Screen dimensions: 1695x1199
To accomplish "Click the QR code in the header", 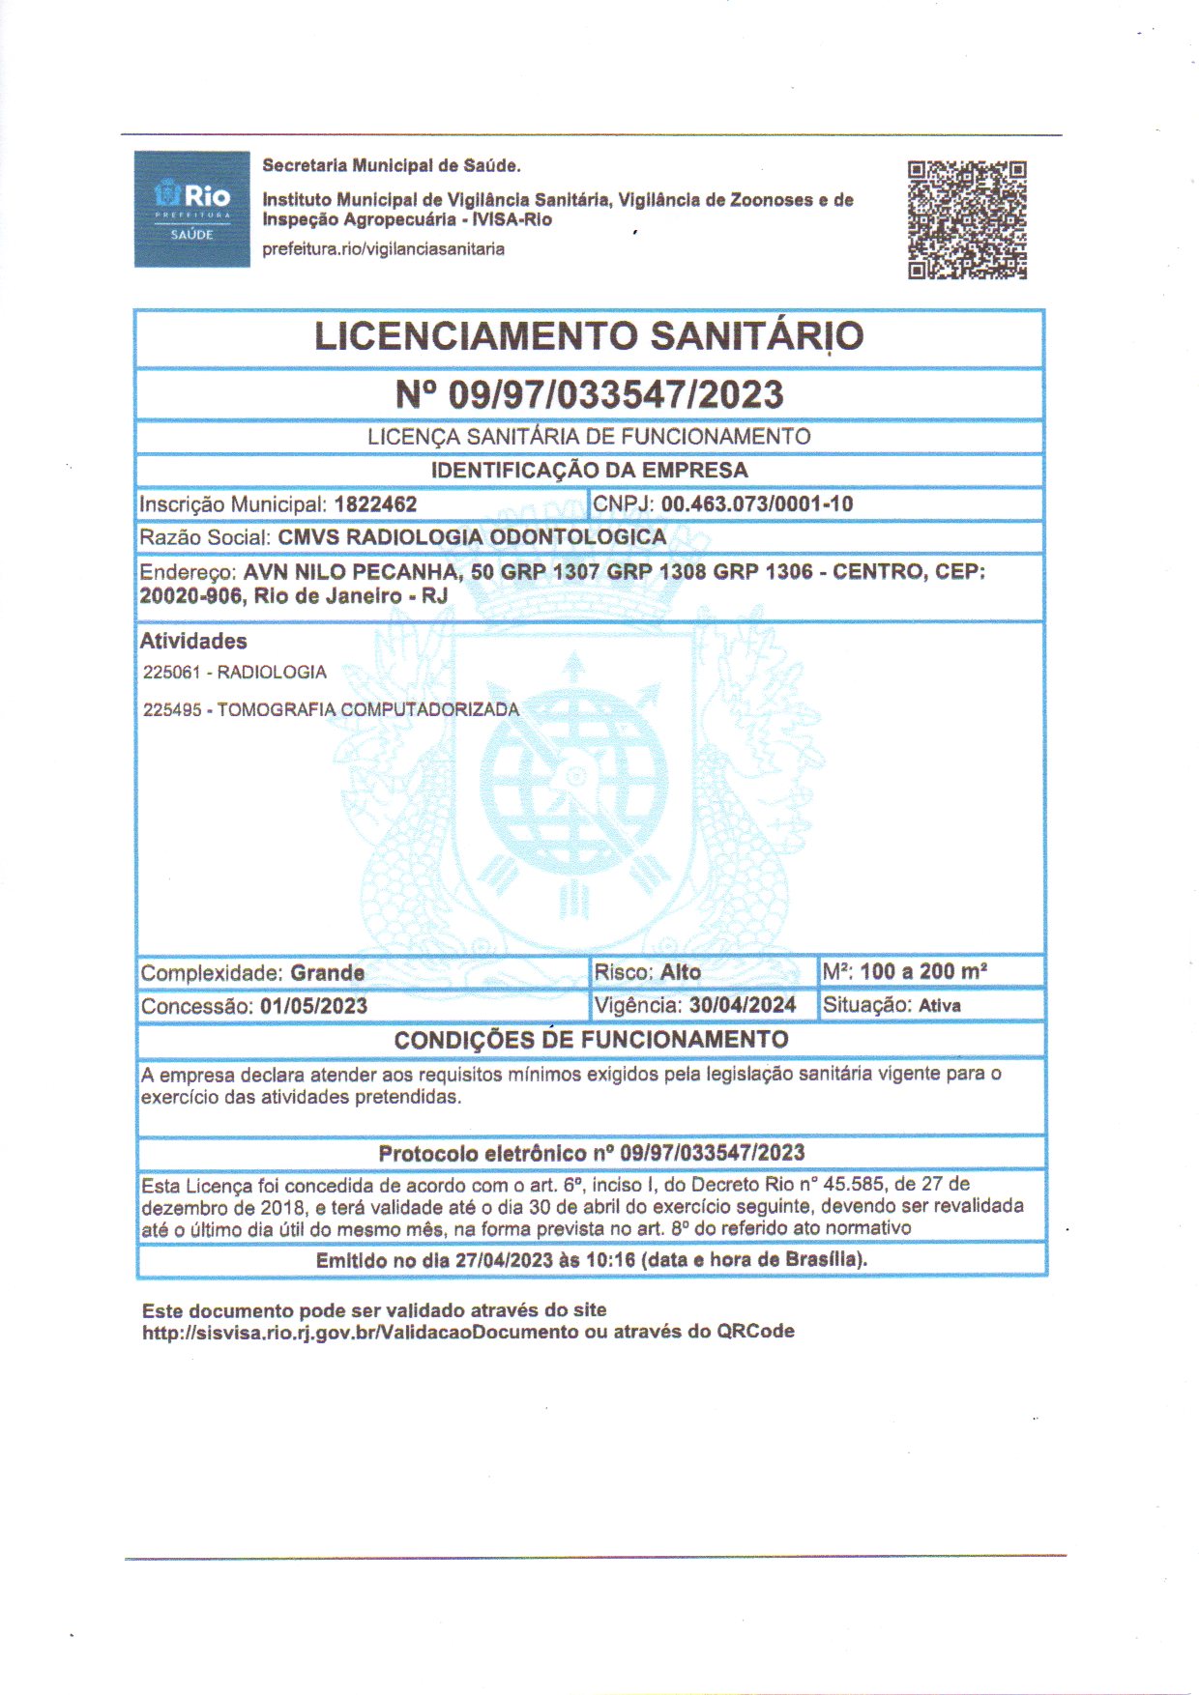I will [966, 219].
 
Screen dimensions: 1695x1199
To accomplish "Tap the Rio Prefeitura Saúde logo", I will [191, 209].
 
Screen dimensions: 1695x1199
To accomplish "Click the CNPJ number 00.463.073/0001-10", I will [756, 503].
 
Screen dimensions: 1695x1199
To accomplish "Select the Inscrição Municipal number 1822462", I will [375, 504].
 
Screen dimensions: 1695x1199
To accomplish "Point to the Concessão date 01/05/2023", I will [313, 1006].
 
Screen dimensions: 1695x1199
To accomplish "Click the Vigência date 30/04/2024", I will [742, 1005].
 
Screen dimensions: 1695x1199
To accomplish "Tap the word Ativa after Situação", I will [939, 1006].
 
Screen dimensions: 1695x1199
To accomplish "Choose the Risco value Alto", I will [681, 972].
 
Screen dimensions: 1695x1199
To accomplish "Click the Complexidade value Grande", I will [328, 973].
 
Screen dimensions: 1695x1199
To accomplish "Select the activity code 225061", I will [172, 673].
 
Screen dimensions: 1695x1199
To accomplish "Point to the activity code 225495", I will [172, 710].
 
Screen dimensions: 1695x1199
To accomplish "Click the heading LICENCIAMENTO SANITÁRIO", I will [589, 336].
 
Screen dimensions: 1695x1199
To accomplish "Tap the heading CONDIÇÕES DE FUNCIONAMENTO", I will [591, 1040].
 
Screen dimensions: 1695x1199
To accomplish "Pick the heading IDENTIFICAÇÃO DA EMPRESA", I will [589, 471].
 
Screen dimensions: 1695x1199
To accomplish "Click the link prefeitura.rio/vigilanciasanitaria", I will [383, 249].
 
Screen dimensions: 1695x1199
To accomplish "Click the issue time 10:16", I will [610, 1260].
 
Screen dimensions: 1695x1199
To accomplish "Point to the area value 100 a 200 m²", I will [923, 972].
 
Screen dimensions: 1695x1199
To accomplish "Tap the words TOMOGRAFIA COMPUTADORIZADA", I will [367, 710].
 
